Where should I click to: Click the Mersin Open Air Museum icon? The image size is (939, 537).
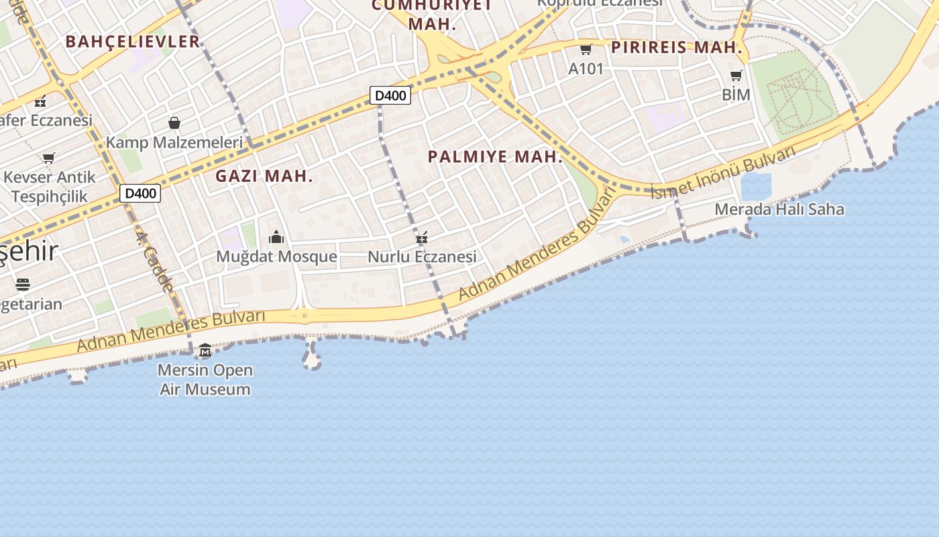[205, 350]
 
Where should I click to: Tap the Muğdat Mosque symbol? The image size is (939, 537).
[276, 237]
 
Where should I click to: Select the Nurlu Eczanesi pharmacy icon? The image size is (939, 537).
[422, 237]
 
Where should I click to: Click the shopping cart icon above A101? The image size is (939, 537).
[586, 49]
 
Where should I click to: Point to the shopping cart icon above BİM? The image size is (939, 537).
[736, 75]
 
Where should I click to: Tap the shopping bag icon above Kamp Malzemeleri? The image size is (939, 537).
[174, 123]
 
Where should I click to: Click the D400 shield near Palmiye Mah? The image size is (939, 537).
[390, 95]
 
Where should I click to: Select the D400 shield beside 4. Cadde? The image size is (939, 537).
[141, 193]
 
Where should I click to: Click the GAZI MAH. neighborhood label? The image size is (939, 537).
[264, 177]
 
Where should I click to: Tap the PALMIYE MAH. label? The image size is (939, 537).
[496, 157]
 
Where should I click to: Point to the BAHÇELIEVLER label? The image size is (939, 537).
[133, 42]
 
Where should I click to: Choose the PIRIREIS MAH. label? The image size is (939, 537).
[677, 48]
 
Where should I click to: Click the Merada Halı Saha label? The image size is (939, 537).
[779, 209]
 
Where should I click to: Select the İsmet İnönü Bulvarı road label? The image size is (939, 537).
[724, 172]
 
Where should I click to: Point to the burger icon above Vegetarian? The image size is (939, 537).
[23, 284]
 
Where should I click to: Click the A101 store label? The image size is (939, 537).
[586, 68]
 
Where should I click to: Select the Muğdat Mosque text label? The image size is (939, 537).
[276, 256]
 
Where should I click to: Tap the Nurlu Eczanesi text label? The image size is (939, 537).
[422, 256]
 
